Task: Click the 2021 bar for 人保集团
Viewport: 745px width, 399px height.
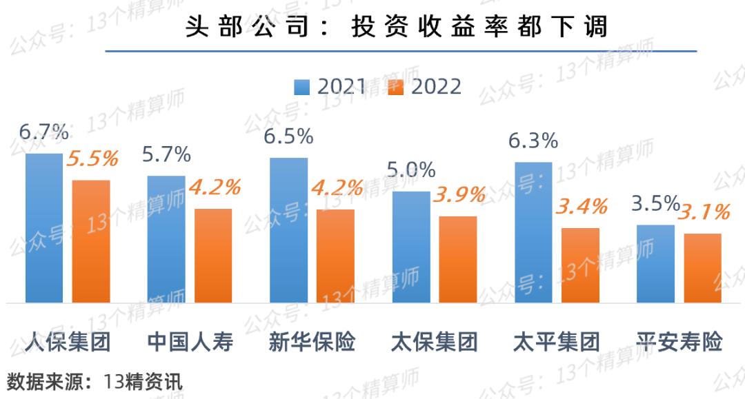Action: [x=44, y=228]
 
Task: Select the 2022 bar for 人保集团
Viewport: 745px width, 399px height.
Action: [x=91, y=241]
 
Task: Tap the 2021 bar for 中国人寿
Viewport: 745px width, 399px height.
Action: [x=166, y=239]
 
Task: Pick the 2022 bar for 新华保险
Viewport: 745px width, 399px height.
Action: [x=335, y=256]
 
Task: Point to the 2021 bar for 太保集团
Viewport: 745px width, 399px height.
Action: [x=411, y=247]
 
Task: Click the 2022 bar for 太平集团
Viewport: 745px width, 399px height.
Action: [x=580, y=265]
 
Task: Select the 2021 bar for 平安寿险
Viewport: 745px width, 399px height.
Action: [x=655, y=263]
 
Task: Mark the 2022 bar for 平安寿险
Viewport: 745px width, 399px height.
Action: [x=703, y=268]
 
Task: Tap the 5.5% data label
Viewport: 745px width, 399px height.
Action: [x=92, y=159]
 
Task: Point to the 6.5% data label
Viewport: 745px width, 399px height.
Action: [x=288, y=136]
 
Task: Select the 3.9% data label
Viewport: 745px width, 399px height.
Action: [x=459, y=195]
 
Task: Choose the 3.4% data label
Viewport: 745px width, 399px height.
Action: [x=582, y=206]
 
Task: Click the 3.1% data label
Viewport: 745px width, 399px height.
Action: [x=704, y=212]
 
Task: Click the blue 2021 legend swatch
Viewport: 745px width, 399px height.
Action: [x=301, y=87]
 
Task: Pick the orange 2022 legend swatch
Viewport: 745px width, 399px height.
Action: [x=395, y=87]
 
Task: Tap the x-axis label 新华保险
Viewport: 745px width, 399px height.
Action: [x=312, y=342]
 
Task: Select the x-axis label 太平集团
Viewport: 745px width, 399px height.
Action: [x=557, y=342]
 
